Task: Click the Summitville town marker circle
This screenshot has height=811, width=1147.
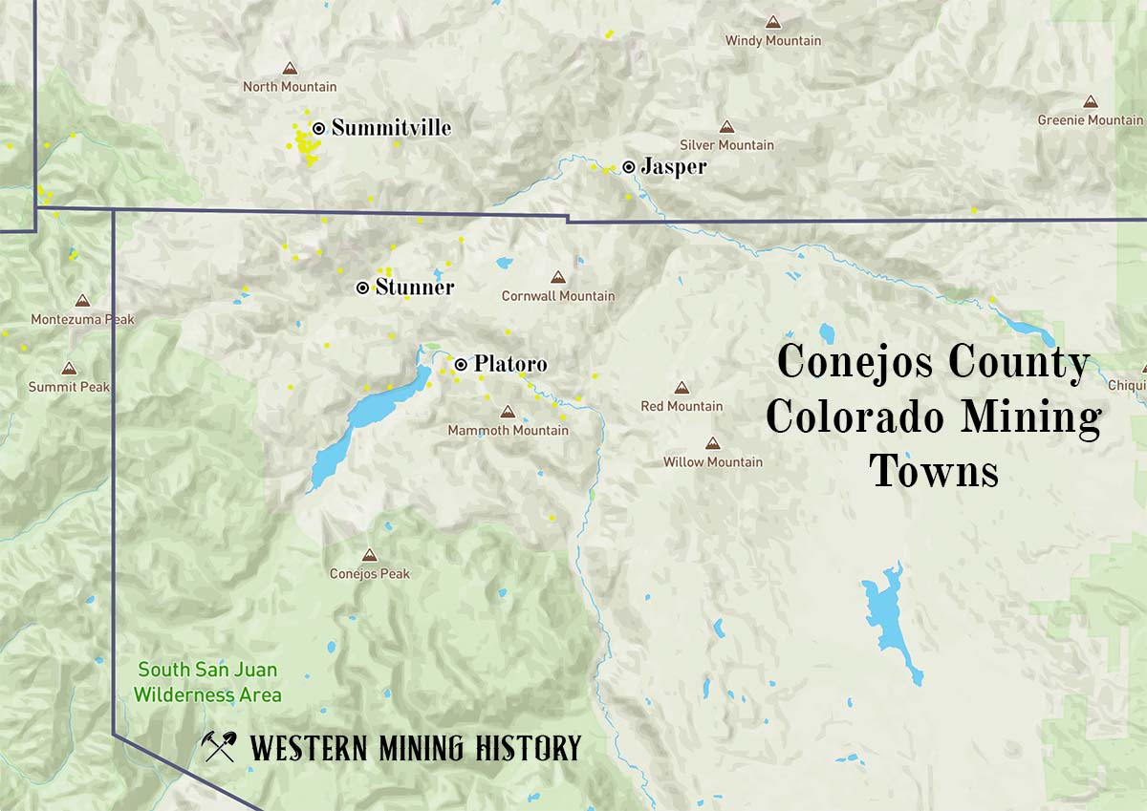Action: pos(318,128)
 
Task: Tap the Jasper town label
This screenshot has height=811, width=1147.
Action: pos(674,167)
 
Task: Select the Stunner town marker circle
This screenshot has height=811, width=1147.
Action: pos(362,288)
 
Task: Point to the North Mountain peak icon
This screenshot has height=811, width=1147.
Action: pos(290,69)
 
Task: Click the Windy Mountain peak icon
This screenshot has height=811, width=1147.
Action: pos(772,22)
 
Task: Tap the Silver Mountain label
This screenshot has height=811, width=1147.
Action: pos(726,145)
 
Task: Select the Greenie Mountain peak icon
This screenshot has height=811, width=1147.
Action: pos(1090,101)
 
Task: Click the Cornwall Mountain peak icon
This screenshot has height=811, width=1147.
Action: pos(558,277)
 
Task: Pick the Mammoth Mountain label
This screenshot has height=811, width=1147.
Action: pos(508,431)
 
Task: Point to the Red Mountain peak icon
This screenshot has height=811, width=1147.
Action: pos(681,388)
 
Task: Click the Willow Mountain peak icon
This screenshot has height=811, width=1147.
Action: pos(712,443)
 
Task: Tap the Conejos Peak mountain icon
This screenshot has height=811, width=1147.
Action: pos(369,555)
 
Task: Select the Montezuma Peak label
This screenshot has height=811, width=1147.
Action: pos(83,319)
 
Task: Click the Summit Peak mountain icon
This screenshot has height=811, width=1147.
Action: pos(69,369)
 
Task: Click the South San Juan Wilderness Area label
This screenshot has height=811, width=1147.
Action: pos(207,683)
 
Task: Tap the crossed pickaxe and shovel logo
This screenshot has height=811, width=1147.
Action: pos(220,746)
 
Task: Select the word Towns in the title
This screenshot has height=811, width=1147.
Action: pos(935,472)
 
